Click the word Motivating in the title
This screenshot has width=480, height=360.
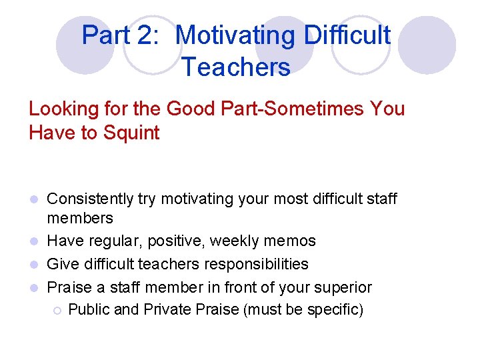point(236,35)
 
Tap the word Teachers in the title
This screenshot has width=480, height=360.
point(235,67)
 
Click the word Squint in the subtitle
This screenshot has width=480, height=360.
point(132,133)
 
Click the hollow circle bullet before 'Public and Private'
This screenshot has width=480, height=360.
point(58,311)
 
